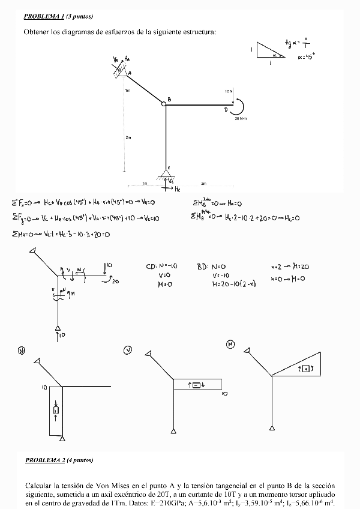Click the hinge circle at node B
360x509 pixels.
pyautogui.click(x=164, y=104)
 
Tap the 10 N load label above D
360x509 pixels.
pyautogui.click(x=229, y=92)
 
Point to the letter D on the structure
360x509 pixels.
pyautogui.click(x=226, y=110)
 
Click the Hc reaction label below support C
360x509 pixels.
pyautogui.click(x=176, y=189)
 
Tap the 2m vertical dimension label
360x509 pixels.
pyautogui.click(x=128, y=137)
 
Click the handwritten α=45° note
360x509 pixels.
pyautogui.click(x=307, y=58)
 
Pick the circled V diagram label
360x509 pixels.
pyautogui.click(x=128, y=350)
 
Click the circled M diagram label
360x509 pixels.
pyautogui.click(x=230, y=344)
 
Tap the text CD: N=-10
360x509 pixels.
pyautogui.click(x=162, y=266)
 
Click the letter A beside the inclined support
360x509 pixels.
pyautogui.click(x=130, y=73)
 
